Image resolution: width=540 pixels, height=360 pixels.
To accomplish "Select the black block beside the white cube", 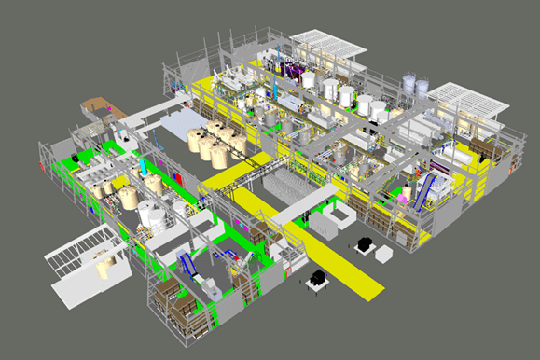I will pos(363,244).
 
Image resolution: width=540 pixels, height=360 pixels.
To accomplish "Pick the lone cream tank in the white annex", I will pos(104,268).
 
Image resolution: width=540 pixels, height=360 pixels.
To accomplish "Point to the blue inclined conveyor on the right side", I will pos(424,190).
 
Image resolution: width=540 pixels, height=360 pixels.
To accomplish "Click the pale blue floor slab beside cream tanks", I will pos(179,122).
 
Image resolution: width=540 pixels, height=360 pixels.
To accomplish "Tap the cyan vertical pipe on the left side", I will pos(142,171).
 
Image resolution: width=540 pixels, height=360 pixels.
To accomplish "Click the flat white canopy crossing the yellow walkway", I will pos(305,202).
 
